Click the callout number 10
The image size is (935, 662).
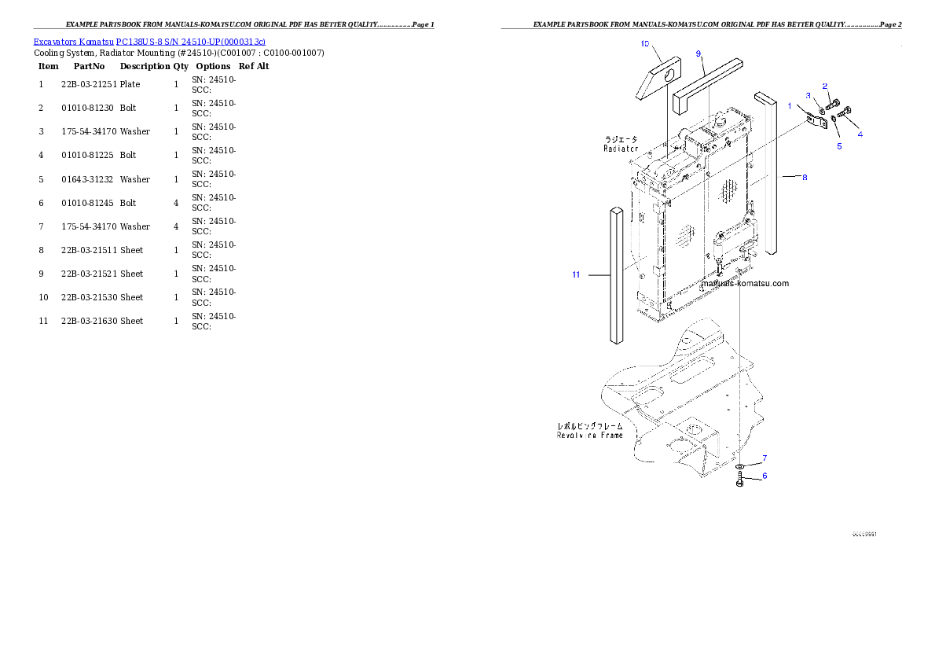click(645, 44)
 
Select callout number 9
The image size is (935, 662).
click(698, 53)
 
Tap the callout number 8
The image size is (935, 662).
click(805, 178)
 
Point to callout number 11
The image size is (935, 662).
click(576, 274)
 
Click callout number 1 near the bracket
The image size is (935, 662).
click(790, 105)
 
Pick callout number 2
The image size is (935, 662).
click(825, 85)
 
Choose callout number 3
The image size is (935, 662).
click(808, 95)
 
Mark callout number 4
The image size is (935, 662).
click(860, 134)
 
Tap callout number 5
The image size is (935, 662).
click(838, 146)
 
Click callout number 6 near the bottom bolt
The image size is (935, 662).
click(764, 476)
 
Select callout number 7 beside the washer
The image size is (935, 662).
click(764, 458)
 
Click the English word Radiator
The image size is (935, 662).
click(621, 149)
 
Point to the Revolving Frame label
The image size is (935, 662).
click(590, 435)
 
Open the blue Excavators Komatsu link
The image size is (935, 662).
click(149, 41)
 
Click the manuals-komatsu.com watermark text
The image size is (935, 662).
click(744, 283)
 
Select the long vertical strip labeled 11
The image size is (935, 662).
click(617, 275)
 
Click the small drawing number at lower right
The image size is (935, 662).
click(864, 534)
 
